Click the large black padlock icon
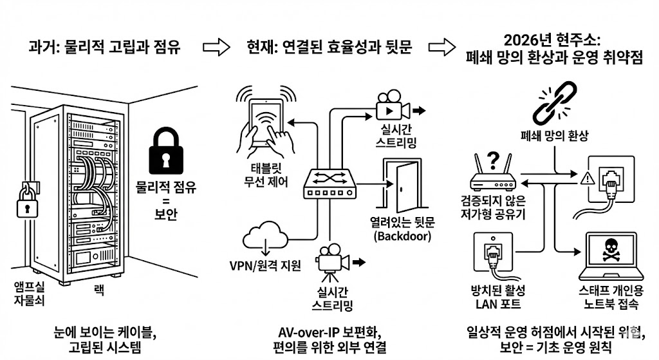(x=166, y=151)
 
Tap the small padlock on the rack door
(x=27, y=202)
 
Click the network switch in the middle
(x=330, y=184)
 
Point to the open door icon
(x=402, y=185)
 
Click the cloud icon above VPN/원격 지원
(x=265, y=237)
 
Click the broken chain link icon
(x=554, y=102)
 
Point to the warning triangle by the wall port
(x=587, y=178)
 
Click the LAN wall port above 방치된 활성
(x=493, y=252)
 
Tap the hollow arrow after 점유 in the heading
(x=216, y=47)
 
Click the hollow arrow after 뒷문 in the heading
(x=442, y=47)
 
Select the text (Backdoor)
(x=403, y=236)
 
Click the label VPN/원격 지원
(x=265, y=266)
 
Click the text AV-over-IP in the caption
(x=308, y=333)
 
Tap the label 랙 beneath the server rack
(x=98, y=290)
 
